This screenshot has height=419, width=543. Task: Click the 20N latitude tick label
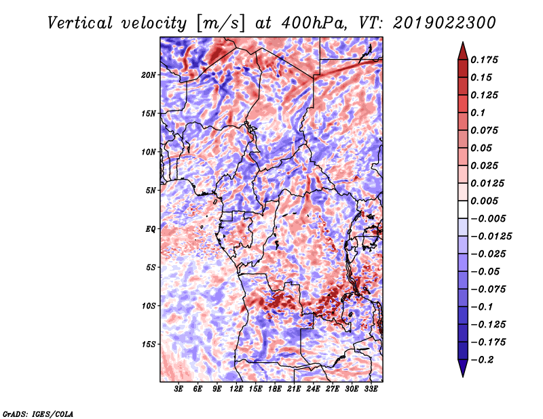click(149, 75)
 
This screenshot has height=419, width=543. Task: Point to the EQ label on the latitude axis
click(151, 229)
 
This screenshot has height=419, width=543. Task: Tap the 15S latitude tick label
click(149, 344)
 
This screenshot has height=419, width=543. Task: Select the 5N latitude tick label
click(151, 191)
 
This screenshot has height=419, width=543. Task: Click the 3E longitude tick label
click(179, 389)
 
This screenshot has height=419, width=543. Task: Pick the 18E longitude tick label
click(275, 389)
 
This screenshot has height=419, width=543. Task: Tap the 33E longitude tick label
click(371, 389)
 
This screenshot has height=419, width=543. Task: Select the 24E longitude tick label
click(313, 389)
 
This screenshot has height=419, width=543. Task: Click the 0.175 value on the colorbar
click(484, 60)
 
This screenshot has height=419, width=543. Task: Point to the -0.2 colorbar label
click(482, 360)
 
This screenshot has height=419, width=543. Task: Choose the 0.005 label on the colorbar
click(484, 201)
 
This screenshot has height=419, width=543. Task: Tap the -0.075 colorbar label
click(488, 290)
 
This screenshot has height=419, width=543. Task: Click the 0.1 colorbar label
click(478, 113)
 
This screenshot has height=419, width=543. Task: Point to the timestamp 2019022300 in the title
click(445, 23)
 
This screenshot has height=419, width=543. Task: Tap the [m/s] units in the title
click(221, 24)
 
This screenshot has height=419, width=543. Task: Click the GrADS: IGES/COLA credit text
click(38, 414)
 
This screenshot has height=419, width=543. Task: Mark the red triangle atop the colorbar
click(463, 51)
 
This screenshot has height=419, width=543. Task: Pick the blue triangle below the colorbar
click(463, 368)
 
